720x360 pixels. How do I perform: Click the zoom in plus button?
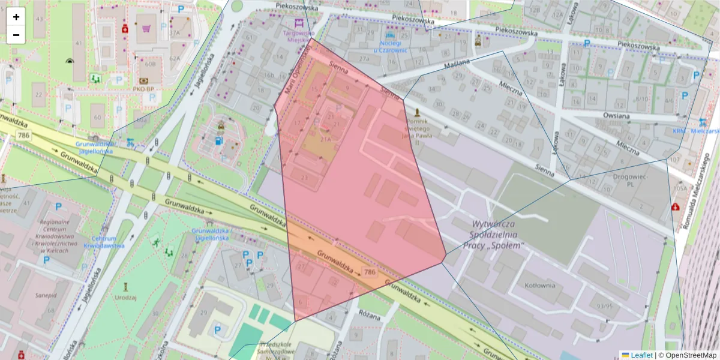pyautogui.click(x=16, y=17)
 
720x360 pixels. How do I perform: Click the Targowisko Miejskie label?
pyautogui.click(x=298, y=37)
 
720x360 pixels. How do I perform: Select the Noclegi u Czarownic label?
pyautogui.click(x=390, y=46)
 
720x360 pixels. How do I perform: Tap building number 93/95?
pyautogui.click(x=603, y=306)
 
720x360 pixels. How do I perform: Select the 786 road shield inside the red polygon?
pyautogui.click(x=370, y=272)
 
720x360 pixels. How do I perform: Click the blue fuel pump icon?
pyautogui.click(x=217, y=141)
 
